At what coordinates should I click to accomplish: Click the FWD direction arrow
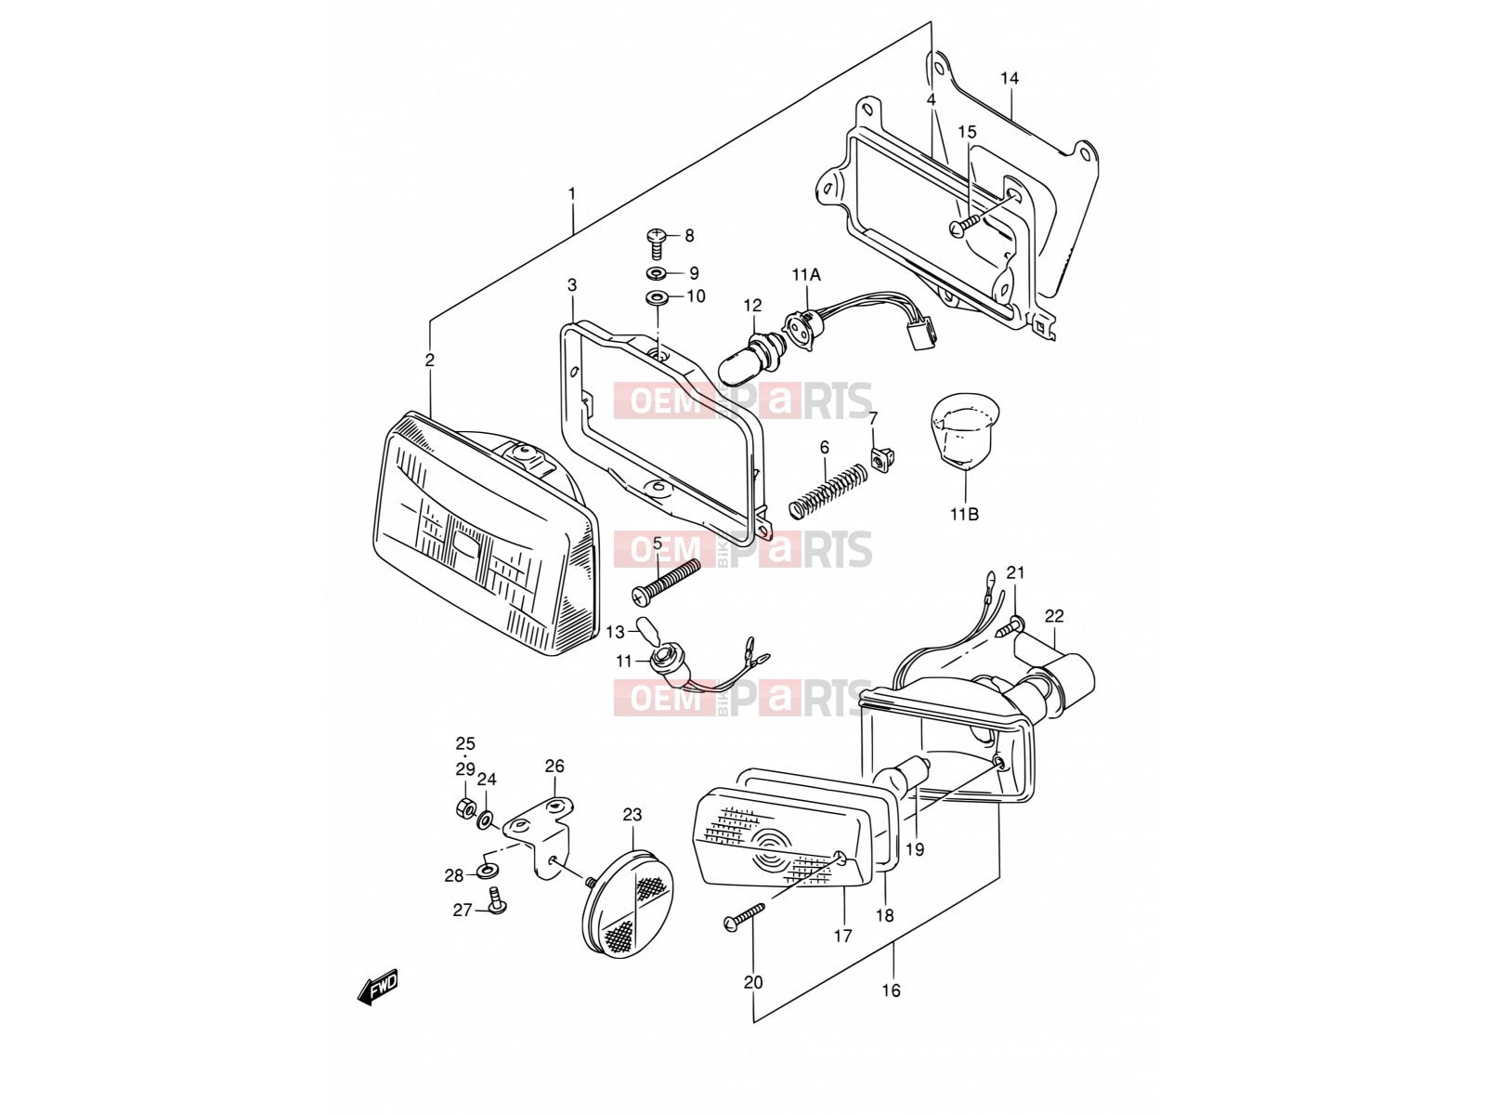click(x=378, y=988)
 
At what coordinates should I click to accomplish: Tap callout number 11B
click(x=964, y=515)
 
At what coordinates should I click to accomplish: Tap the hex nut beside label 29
click(x=465, y=807)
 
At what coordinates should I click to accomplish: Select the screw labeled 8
click(x=655, y=243)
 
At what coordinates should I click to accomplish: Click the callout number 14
click(x=1010, y=79)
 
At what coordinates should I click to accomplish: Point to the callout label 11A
click(x=806, y=275)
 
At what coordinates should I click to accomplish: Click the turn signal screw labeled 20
click(x=744, y=914)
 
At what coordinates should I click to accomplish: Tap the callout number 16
click(x=891, y=990)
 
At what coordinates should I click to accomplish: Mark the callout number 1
click(x=572, y=194)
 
